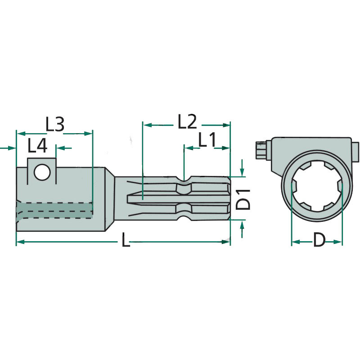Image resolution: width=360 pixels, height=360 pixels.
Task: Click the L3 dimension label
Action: coord(55,125)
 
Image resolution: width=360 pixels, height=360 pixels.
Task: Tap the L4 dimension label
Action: coord(37,146)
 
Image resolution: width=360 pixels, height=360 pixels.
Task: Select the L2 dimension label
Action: coord(187,121)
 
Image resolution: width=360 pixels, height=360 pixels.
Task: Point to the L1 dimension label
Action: coord(207,139)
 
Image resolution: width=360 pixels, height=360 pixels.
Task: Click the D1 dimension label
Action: coord(243,199)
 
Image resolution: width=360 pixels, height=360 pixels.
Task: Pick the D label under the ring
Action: coord(319,240)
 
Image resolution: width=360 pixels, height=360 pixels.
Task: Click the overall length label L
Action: coord(126,240)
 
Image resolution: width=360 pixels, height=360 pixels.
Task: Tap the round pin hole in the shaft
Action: coord(42,172)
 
